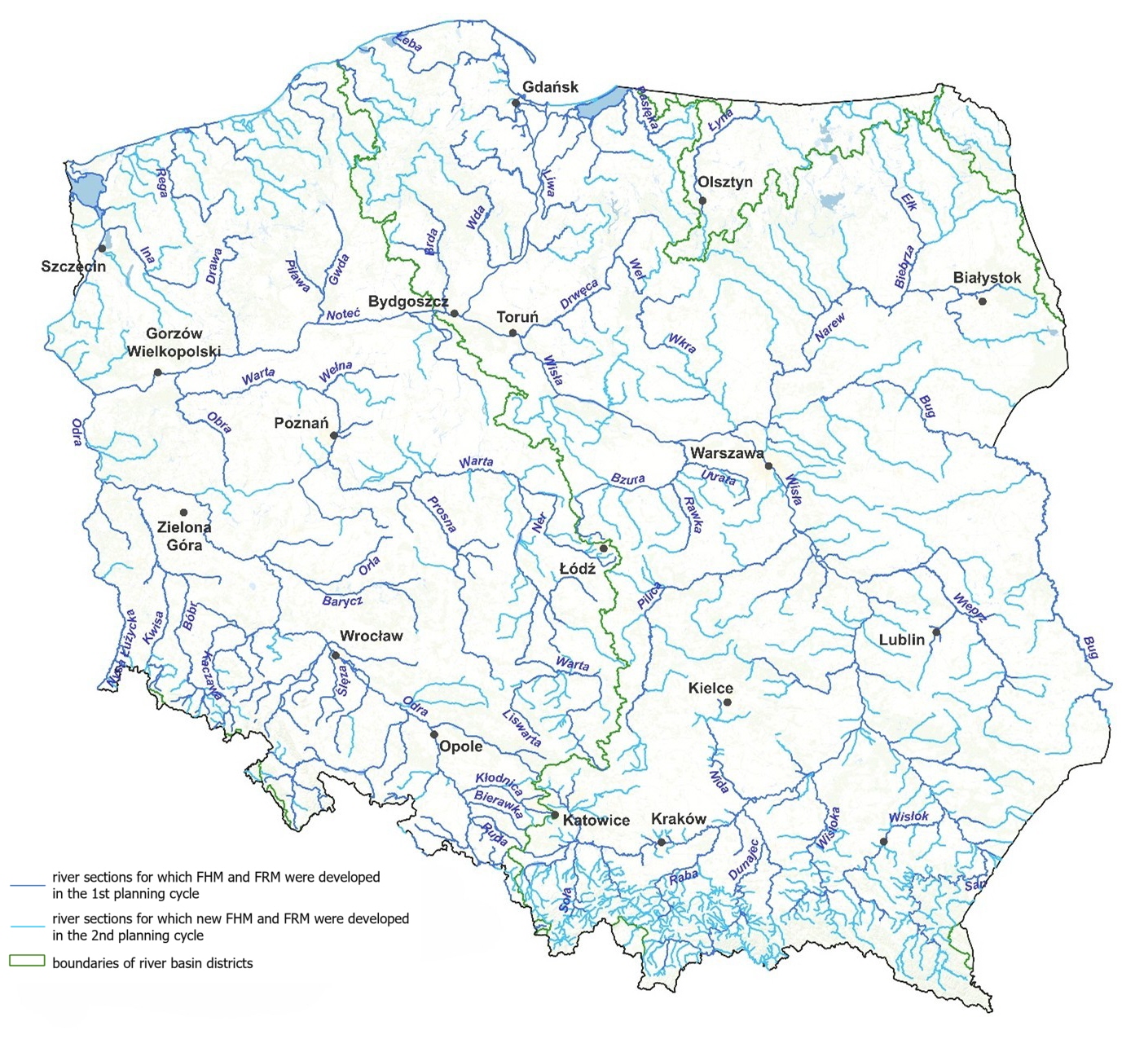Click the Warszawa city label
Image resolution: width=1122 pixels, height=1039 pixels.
pos(726,453)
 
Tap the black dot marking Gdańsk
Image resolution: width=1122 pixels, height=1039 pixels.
pos(516,103)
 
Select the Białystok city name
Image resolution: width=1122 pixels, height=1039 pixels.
pos(987,278)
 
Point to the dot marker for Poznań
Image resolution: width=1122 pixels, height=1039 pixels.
pos(333,436)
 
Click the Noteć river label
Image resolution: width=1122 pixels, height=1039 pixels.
pos(343,315)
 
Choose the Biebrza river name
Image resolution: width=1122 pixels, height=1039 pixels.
pos(904,266)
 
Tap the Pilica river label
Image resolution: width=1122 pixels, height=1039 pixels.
pos(649,597)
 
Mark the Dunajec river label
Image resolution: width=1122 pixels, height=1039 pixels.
pos(743,860)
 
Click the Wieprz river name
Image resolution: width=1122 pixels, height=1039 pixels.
pos(970,607)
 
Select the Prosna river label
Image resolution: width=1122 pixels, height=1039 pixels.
pos(442,513)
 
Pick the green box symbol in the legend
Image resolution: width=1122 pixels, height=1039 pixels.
pos(27,962)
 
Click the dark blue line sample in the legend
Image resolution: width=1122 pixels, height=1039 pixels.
pos(27,885)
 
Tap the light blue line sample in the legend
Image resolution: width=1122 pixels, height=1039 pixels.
pos(27,927)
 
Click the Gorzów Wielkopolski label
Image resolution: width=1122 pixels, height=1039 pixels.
pos(174,342)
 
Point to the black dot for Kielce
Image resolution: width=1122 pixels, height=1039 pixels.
pos(728,702)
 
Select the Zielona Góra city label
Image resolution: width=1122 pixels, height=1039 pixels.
pos(184,536)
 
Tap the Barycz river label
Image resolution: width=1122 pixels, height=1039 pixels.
pos(342,601)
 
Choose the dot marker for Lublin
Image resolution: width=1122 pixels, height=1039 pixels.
pos(936,632)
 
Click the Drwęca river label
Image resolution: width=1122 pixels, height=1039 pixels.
pos(579,294)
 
